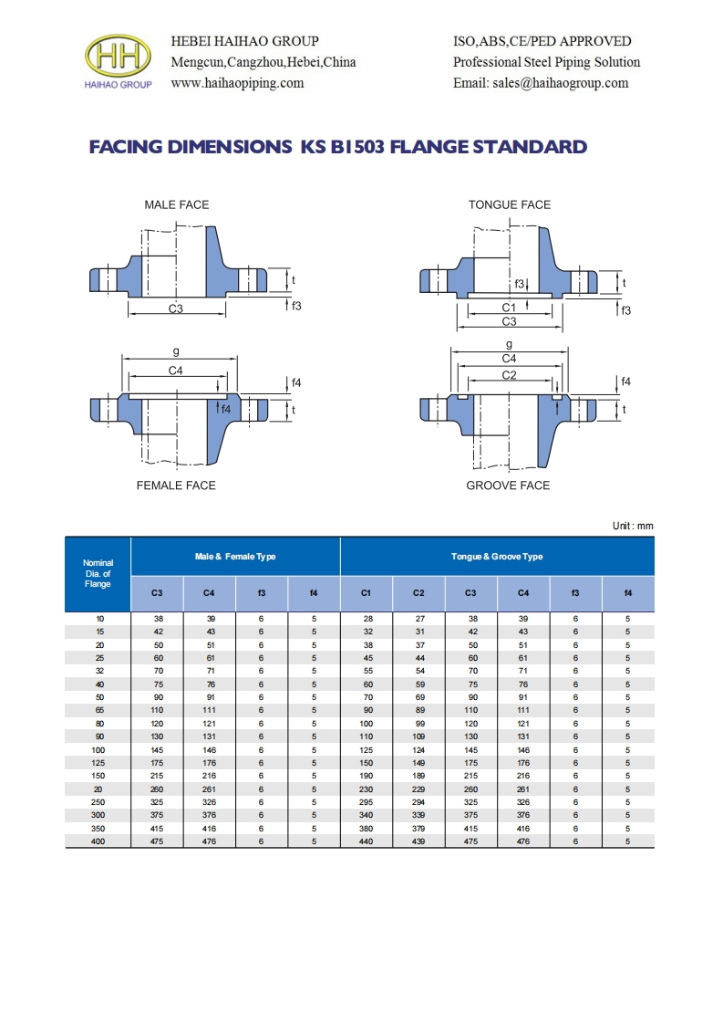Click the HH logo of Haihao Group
[118, 57]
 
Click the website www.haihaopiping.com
[237, 83]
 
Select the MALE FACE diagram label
[177, 205]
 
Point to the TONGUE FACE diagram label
[510, 205]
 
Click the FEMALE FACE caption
[176, 486]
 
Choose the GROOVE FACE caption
[508, 486]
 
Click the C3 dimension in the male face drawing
[176, 309]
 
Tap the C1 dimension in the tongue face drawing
[509, 308]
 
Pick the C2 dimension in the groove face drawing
[509, 375]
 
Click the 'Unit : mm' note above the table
[633, 527]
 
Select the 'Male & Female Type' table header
[235, 557]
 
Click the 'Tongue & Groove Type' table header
[497, 557]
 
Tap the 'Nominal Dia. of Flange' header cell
[98, 574]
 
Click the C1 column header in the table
[367, 594]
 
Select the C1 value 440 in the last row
[367, 841]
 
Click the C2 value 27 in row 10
[418, 619]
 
